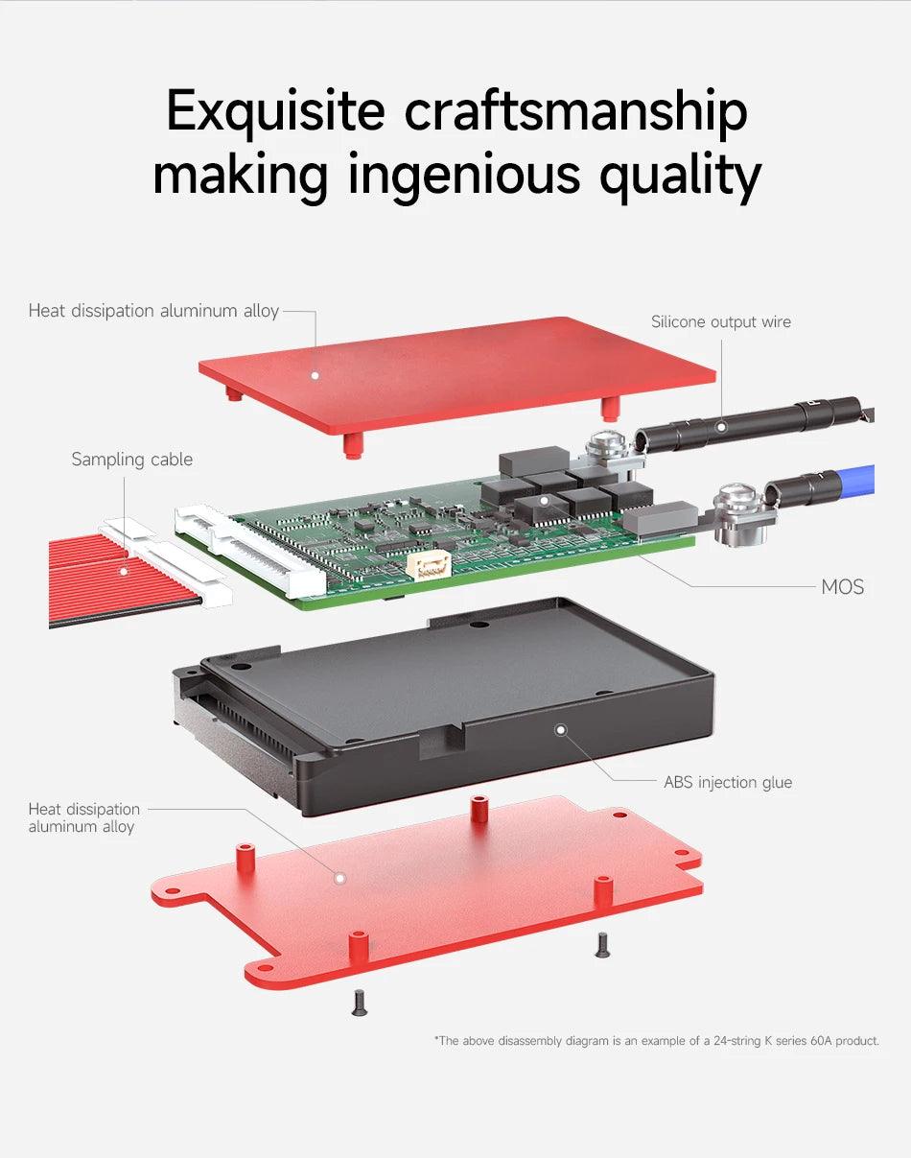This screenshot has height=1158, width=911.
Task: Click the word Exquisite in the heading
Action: coord(275,112)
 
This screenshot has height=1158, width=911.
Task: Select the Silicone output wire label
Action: coord(721,321)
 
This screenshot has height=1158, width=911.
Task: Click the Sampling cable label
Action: coord(132,460)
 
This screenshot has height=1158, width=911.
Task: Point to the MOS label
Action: coord(842,586)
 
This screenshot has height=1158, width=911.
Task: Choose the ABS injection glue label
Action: coord(728,782)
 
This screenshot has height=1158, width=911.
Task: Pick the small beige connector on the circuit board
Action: coord(429,565)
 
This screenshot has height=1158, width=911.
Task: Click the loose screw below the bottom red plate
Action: coord(360,1003)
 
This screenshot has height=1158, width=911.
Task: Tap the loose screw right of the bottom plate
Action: coord(602,945)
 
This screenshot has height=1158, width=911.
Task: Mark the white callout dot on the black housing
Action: coord(561,730)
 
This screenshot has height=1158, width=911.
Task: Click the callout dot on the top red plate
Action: coord(314,375)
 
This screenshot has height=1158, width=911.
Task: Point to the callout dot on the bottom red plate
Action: coord(338,876)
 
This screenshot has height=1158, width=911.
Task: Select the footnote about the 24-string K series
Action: coord(656,1040)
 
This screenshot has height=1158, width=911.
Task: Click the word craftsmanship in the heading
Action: coord(575,112)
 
